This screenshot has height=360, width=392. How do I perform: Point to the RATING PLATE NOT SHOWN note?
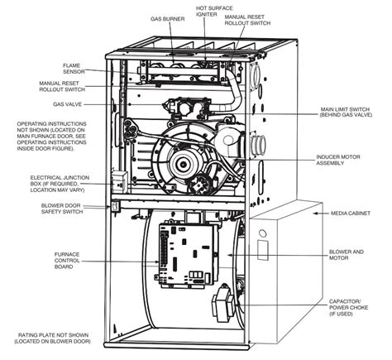pyautogui.click(x=64, y=338)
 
